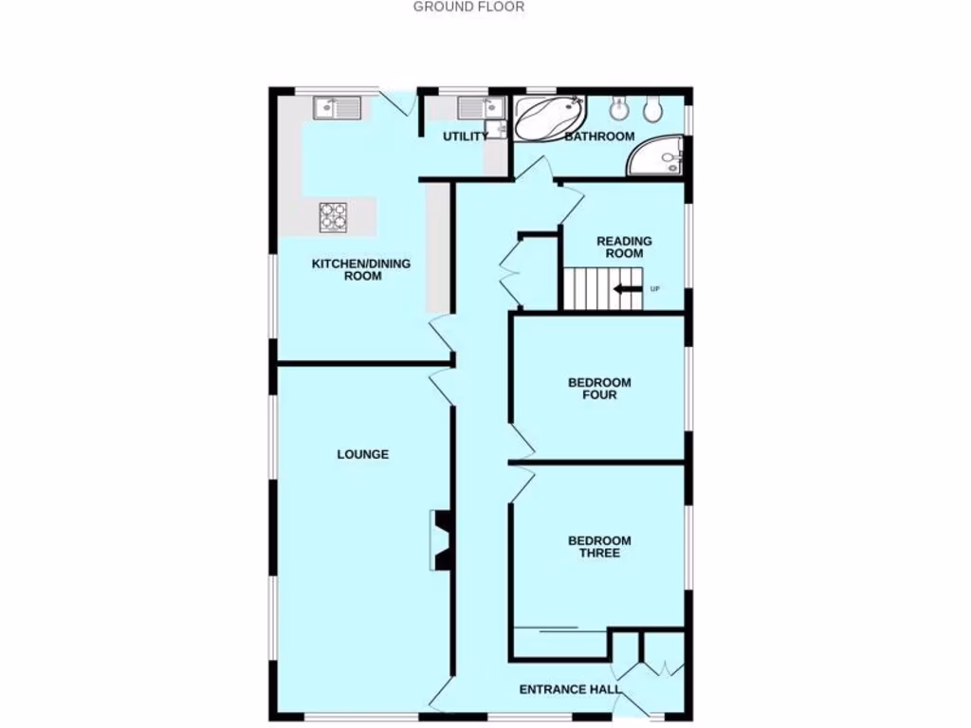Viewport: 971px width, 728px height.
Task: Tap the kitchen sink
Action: click(x=337, y=108)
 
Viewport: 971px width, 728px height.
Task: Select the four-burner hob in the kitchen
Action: click(x=333, y=217)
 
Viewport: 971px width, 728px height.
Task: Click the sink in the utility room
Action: click(x=478, y=107)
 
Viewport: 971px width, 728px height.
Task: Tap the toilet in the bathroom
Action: click(x=651, y=110)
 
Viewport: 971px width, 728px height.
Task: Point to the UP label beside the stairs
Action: click(x=654, y=288)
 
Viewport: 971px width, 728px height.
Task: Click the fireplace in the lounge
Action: click(x=442, y=540)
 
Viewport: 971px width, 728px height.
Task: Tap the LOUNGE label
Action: click(x=363, y=455)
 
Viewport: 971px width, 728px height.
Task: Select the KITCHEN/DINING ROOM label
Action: click(x=361, y=270)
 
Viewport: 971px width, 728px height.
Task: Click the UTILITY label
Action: click(x=465, y=136)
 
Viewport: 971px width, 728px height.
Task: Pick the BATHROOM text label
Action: click(x=599, y=136)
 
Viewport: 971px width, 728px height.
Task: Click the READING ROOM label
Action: click(x=624, y=247)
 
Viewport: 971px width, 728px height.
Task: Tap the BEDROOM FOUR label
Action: click(x=599, y=389)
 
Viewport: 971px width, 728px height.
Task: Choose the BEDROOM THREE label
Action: click(x=599, y=547)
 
